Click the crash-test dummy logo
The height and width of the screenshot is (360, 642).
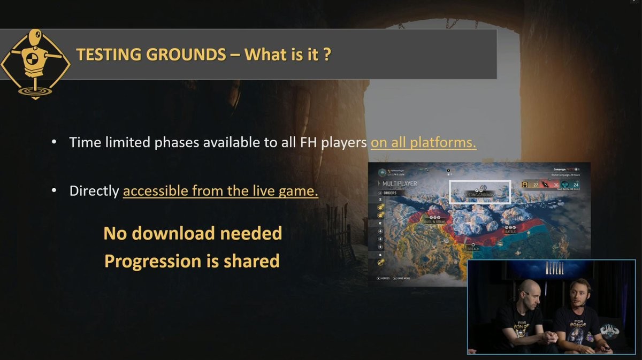click(x=35, y=63)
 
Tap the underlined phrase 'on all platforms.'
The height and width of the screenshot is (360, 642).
click(x=423, y=143)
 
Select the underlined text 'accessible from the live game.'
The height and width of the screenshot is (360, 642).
click(x=220, y=191)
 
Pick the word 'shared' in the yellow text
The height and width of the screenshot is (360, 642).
click(x=250, y=261)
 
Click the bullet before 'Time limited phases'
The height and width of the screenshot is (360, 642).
click(x=54, y=143)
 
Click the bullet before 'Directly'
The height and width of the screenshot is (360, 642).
click(x=54, y=191)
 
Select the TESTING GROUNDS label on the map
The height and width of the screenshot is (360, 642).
click(x=480, y=195)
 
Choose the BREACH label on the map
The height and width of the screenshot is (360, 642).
click(x=473, y=249)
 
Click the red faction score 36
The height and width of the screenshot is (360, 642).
click(x=555, y=186)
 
